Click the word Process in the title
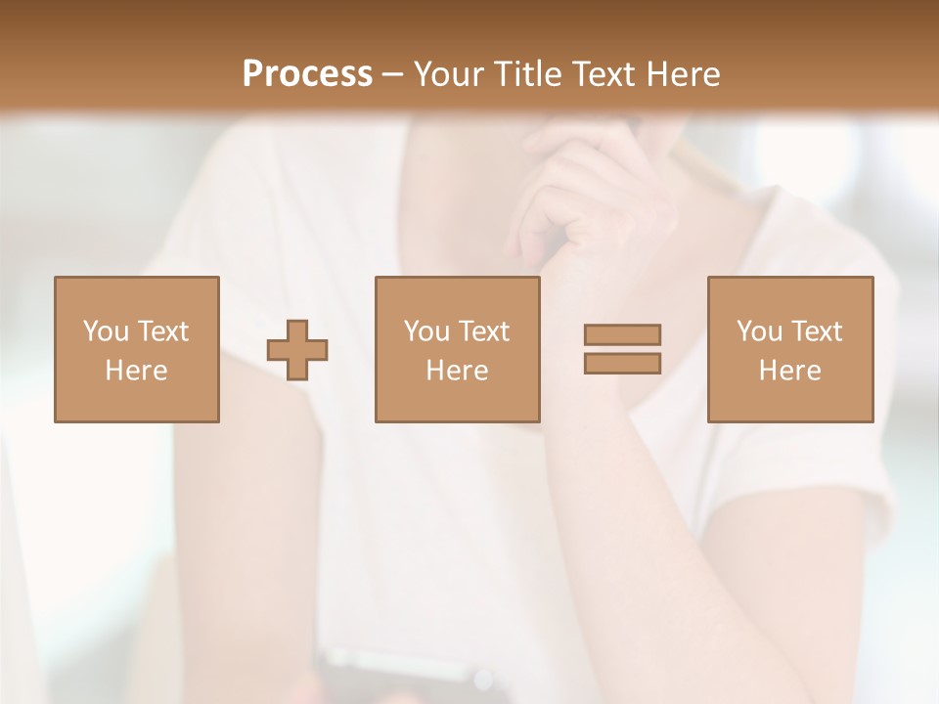click(x=307, y=74)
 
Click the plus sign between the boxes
click(x=297, y=349)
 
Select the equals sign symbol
click(x=622, y=349)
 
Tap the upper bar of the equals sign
click(x=622, y=335)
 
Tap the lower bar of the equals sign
click(x=622, y=363)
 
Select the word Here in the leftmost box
click(x=136, y=371)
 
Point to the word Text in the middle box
click(x=484, y=331)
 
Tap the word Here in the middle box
click(x=457, y=371)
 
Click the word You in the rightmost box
click(x=760, y=331)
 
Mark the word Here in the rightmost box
click(x=789, y=371)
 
